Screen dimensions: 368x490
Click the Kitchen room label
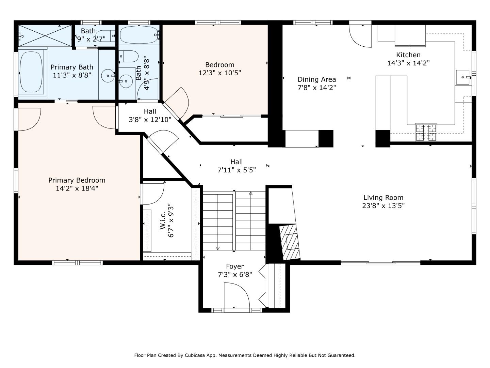408,55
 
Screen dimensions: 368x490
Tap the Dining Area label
316,79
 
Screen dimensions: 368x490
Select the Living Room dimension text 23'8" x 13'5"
383,206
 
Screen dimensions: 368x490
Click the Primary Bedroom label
77,180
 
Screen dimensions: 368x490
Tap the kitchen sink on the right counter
463,77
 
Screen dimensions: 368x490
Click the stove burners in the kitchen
426,132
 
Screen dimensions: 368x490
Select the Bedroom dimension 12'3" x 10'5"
219,73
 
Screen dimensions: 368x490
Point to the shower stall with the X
45,35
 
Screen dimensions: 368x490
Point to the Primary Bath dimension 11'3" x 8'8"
72,75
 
